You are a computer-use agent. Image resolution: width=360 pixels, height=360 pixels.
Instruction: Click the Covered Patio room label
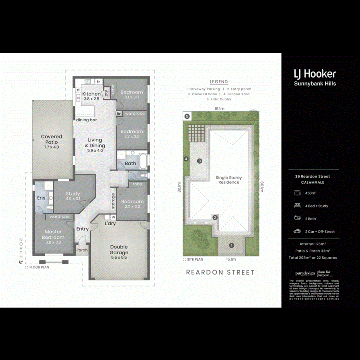[x=51, y=139]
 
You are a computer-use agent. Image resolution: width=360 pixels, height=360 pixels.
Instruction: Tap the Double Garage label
[x=119, y=250]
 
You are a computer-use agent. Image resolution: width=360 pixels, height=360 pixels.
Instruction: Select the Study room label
[x=73, y=196]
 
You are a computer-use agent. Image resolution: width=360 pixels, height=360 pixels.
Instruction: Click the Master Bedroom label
[x=53, y=234]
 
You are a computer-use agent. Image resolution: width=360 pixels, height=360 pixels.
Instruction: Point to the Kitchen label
[x=91, y=96]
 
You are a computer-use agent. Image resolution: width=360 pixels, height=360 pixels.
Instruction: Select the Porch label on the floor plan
[x=82, y=250]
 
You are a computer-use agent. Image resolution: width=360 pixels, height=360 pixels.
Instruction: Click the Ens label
[x=41, y=198]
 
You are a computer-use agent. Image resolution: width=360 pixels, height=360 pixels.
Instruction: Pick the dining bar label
[x=87, y=120]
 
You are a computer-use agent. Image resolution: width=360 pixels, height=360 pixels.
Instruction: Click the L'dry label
[x=110, y=223]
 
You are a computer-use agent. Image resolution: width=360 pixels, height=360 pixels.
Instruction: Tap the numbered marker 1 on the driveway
[x=231, y=245]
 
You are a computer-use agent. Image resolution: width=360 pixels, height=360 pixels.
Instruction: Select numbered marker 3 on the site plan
[x=200, y=161]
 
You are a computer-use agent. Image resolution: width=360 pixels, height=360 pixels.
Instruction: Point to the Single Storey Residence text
[x=229, y=180]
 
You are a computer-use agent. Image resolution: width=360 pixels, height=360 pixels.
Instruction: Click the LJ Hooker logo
[x=315, y=74]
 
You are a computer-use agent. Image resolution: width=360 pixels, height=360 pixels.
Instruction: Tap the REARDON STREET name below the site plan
[x=220, y=272]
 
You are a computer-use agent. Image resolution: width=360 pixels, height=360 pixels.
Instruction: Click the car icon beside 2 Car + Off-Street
[x=297, y=231]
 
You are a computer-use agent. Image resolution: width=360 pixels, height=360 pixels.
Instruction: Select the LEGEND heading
[x=218, y=82]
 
